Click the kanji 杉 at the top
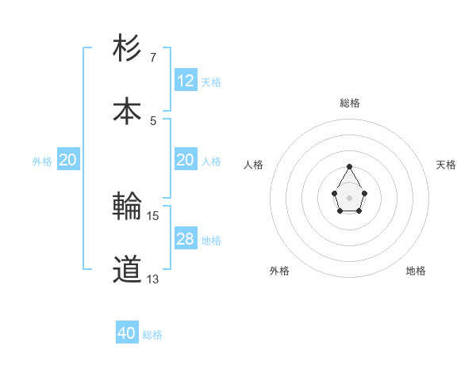[128, 48]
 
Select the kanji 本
[128, 112]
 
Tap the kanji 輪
[128, 207]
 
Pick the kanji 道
[128, 270]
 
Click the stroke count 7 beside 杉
[153, 58]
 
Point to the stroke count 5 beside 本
[153, 121]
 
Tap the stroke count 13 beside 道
[153, 279]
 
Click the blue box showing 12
[186, 81]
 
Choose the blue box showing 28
[186, 239]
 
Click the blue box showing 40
[127, 333]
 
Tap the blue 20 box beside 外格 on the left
[68, 160]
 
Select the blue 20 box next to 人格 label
[186, 160]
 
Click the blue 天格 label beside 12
[211, 82]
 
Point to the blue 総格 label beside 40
[152, 335]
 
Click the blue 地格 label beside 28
[211, 241]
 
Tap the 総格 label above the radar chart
[350, 103]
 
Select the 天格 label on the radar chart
[446, 165]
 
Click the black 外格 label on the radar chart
[279, 271]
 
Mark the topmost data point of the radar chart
[350, 166]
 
